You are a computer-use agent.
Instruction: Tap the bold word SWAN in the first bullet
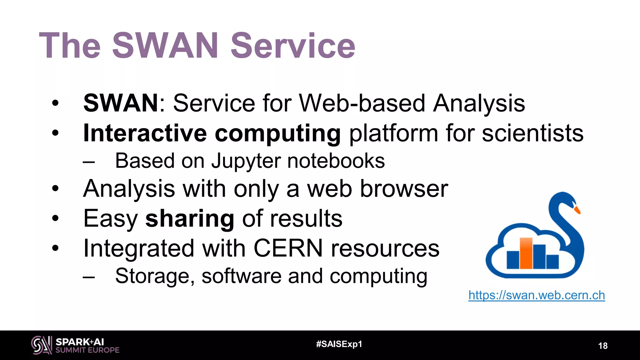pyautogui.click(x=121, y=103)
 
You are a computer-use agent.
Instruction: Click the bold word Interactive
pyautogui.click(x=145, y=133)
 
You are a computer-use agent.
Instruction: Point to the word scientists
pyautogui.click(x=532, y=133)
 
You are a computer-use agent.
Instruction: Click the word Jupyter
pyautogui.click(x=246, y=161)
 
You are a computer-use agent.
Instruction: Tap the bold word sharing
pyautogui.click(x=190, y=218)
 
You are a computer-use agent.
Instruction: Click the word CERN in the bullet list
pyautogui.click(x=288, y=248)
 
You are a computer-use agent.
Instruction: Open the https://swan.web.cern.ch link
pyautogui.click(x=537, y=295)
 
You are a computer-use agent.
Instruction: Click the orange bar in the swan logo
pyautogui.click(x=526, y=253)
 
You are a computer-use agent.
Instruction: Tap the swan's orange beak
pyautogui.click(x=577, y=210)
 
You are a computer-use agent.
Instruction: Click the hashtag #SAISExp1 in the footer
pyautogui.click(x=339, y=344)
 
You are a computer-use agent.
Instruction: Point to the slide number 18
pyautogui.click(x=602, y=346)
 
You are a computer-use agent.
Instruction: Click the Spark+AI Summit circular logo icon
pyautogui.click(x=41, y=345)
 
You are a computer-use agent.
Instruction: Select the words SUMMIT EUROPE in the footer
pyautogui.click(x=87, y=350)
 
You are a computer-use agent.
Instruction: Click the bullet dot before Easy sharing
pyautogui.click(x=55, y=218)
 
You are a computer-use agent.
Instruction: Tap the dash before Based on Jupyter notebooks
pyautogui.click(x=89, y=162)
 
